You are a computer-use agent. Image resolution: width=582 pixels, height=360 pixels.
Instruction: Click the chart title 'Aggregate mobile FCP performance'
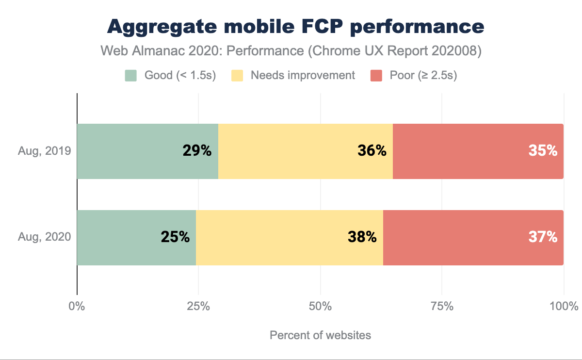[295, 27]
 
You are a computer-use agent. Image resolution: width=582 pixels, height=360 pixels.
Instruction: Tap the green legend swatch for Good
[131, 76]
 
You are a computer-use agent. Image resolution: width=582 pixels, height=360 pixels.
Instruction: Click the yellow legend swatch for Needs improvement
[238, 76]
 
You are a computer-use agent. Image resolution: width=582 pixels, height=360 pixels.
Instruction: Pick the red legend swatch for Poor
[377, 76]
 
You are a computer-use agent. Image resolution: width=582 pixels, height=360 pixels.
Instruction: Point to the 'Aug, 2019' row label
[45, 151]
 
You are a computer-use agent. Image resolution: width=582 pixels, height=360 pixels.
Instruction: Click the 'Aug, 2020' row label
[45, 237]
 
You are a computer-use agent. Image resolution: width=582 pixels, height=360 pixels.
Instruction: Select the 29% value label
[197, 151]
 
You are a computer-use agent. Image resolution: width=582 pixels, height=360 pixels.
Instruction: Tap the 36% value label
[372, 151]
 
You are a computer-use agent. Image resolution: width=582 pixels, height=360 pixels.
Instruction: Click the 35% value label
[543, 151]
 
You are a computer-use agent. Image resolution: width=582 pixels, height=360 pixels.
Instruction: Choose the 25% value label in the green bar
[175, 237]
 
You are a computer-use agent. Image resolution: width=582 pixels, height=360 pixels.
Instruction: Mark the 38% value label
[362, 237]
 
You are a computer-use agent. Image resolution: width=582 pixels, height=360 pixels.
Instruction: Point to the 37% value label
[543, 237]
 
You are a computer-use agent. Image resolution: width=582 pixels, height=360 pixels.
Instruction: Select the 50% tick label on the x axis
[321, 307]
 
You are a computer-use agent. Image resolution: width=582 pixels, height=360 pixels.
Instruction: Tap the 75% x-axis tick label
[442, 307]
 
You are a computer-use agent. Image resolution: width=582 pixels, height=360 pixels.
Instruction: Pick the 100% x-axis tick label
[564, 307]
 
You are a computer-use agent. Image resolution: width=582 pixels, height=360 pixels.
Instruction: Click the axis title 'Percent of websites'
[320, 335]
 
